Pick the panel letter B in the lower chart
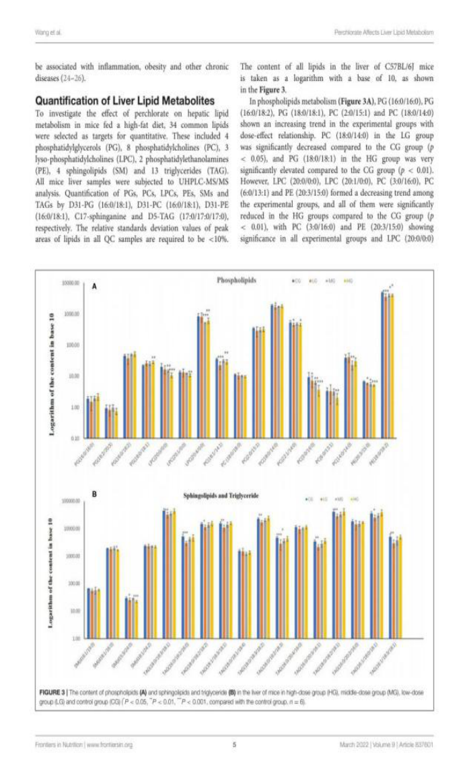[x=95, y=494]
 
